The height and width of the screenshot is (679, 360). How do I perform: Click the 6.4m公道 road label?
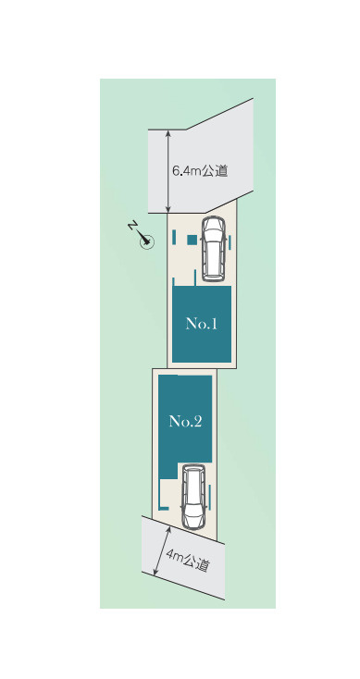tap(200, 171)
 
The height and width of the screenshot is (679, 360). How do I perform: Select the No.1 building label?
tap(201, 324)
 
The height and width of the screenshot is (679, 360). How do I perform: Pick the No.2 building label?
tap(185, 422)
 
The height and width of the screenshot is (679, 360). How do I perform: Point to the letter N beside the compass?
tap(133, 227)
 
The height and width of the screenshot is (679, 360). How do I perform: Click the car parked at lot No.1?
tap(213, 248)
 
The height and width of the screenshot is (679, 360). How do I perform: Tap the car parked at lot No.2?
tap(193, 496)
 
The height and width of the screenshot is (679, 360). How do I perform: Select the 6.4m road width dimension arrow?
tap(168, 171)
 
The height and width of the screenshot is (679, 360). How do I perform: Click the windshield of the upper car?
tap(213, 231)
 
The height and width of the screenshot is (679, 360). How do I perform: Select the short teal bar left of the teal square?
tap(175, 239)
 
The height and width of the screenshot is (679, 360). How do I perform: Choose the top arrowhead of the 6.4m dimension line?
tap(168, 133)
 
